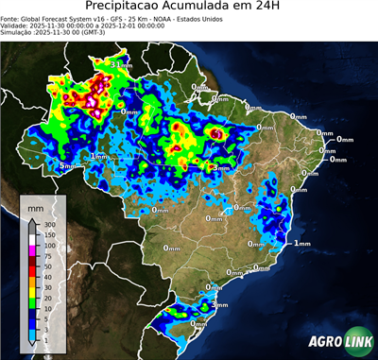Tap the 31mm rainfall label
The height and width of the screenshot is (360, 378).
click(x=120, y=64)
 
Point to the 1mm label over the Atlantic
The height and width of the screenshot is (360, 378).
click(x=302, y=244)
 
